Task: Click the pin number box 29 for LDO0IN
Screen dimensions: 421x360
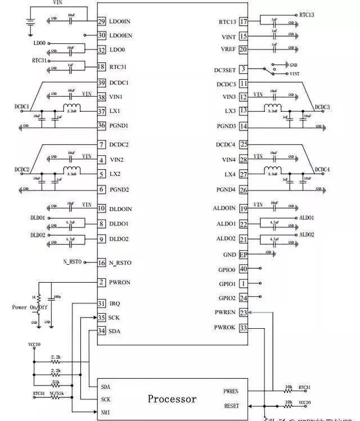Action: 101,21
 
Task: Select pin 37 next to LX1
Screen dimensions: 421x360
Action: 101,111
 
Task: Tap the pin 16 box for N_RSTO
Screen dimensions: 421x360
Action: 101,262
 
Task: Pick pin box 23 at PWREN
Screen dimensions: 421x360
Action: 244,313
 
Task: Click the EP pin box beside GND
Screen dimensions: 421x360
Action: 244,254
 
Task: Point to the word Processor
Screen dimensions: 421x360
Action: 172,399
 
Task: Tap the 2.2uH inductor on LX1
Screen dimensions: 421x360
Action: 71,108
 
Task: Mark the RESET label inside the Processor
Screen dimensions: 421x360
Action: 231,406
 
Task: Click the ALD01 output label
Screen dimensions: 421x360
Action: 307,218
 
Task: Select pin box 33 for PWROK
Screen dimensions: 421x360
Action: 244,328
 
